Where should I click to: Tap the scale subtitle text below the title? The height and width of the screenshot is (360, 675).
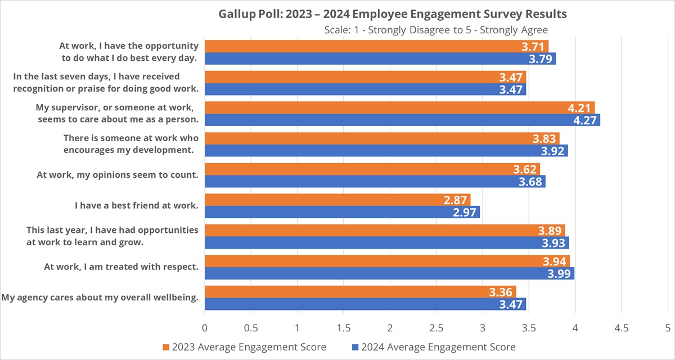(436, 29)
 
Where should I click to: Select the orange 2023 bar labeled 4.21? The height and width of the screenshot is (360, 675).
(399, 107)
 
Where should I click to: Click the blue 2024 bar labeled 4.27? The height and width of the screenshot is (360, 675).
(402, 120)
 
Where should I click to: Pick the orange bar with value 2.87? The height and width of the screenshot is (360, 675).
(337, 200)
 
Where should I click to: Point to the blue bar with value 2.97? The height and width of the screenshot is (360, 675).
(342, 212)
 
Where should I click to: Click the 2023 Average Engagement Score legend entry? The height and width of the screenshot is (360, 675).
(244, 346)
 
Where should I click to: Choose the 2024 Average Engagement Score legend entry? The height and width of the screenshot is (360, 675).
(433, 346)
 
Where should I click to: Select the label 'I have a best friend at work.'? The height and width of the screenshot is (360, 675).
(137, 205)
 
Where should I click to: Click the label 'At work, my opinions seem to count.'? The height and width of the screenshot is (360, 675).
(118, 175)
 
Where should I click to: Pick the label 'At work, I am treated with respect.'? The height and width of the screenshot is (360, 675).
(121, 267)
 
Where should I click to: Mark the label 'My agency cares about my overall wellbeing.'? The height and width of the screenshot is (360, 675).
(101, 297)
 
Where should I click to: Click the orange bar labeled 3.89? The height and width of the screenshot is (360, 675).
(384, 230)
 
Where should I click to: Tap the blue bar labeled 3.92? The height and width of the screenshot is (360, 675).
(386, 151)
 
